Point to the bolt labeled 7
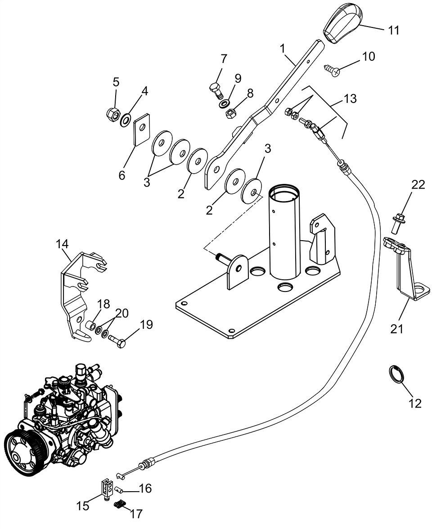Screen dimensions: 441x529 tap(215, 90)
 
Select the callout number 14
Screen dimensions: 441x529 tap(63, 244)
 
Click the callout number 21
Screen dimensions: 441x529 tap(397, 328)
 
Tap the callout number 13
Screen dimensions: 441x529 tap(350, 99)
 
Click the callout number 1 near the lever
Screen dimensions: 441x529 tap(283, 49)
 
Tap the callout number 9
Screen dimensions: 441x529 tap(238, 79)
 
